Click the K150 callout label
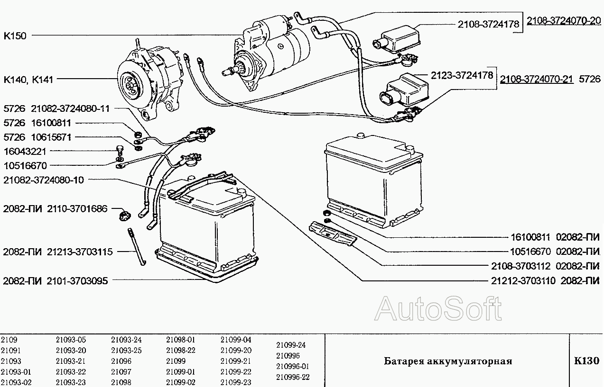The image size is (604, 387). [15, 36]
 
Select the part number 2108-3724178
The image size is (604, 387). [488, 24]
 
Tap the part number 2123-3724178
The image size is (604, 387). [462, 75]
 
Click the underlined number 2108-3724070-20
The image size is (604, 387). [564, 21]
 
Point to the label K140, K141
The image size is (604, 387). [28, 80]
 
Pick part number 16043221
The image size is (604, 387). [25, 152]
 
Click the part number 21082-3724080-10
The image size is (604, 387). [44, 180]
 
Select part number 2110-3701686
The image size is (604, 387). [77, 209]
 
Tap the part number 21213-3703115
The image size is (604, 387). [80, 252]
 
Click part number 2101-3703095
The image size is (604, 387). [77, 281]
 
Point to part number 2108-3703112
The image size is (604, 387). [520, 266]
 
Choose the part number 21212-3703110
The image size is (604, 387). [523, 281]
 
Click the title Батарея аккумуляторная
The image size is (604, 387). [448, 361]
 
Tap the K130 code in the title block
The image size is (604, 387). [586, 360]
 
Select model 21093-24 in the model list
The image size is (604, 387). [126, 340]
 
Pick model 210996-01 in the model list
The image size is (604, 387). [293, 367]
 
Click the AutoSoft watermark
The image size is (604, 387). [438, 309]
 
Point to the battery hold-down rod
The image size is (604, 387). [137, 246]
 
